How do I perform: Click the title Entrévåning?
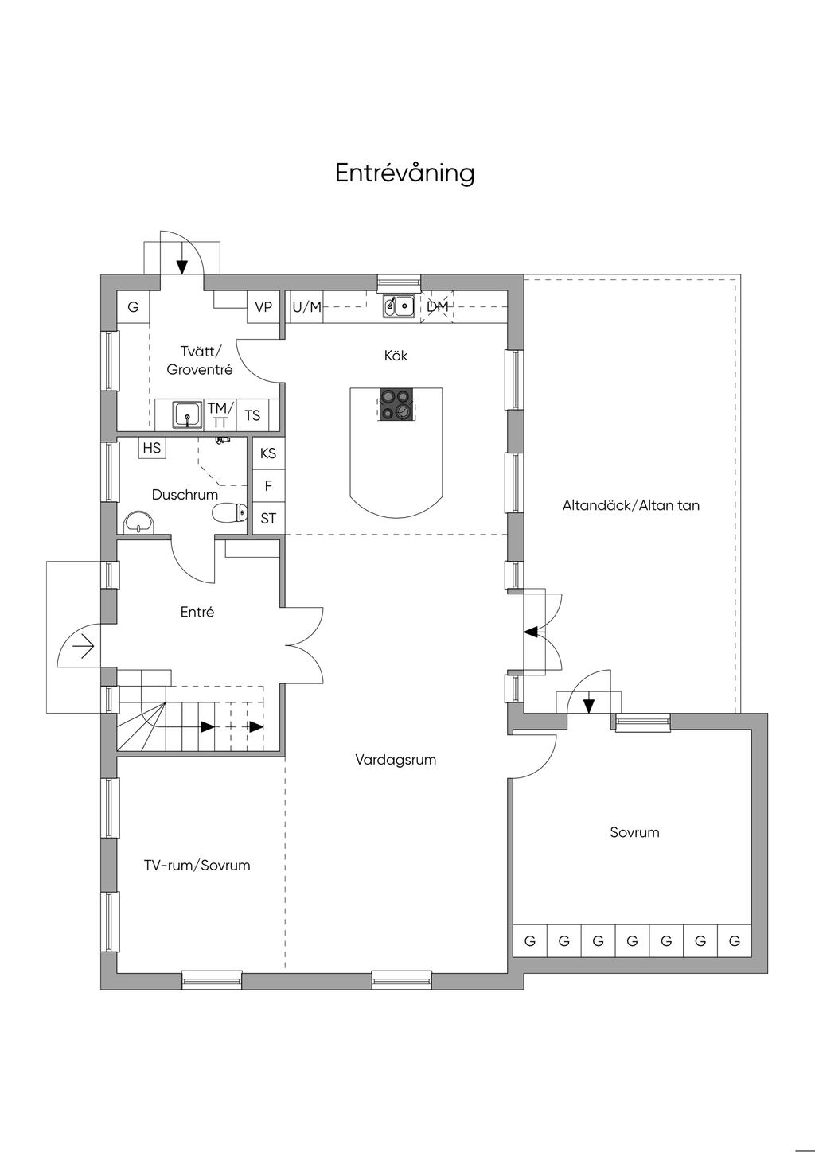404,173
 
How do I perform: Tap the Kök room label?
396,356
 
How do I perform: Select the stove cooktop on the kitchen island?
396,403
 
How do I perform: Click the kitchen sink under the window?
399,306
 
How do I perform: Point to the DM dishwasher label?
438,306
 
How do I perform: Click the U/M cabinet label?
307,307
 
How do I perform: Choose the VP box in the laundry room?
263,307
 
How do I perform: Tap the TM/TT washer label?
218,415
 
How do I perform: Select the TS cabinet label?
252,415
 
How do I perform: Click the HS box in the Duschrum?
152,448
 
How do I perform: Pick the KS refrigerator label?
268,453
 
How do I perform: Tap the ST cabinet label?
268,519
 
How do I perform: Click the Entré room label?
197,613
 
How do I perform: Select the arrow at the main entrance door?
83,648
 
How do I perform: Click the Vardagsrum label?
396,760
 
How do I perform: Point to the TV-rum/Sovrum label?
197,866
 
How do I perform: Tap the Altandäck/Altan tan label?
631,505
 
